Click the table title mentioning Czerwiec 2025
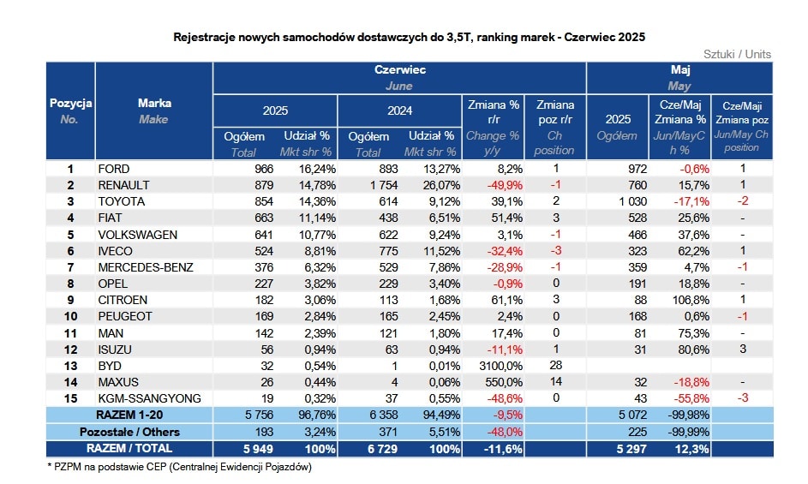pyautogui.click(x=410, y=37)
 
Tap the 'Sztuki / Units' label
pyautogui.click(x=737, y=54)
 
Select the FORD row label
pyautogui.click(x=114, y=169)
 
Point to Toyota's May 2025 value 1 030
pyautogui.click(x=633, y=201)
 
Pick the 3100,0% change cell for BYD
pyautogui.click(x=501, y=366)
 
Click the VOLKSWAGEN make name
pyautogui.click(x=138, y=235)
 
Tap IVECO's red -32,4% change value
pyautogui.click(x=505, y=251)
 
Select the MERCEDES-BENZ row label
pyautogui.click(x=146, y=267)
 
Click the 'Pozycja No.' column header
pyautogui.click(x=70, y=111)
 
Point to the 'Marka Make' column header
pyautogui.click(x=154, y=111)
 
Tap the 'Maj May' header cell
pyautogui.click(x=680, y=78)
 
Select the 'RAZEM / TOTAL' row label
pyautogui.click(x=129, y=448)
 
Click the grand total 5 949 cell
pyautogui.click(x=258, y=449)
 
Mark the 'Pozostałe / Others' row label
pyautogui.click(x=129, y=432)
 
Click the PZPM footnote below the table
pyautogui.click(x=179, y=467)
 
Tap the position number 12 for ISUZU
pyautogui.click(x=70, y=350)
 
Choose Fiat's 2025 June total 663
pyautogui.click(x=264, y=218)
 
